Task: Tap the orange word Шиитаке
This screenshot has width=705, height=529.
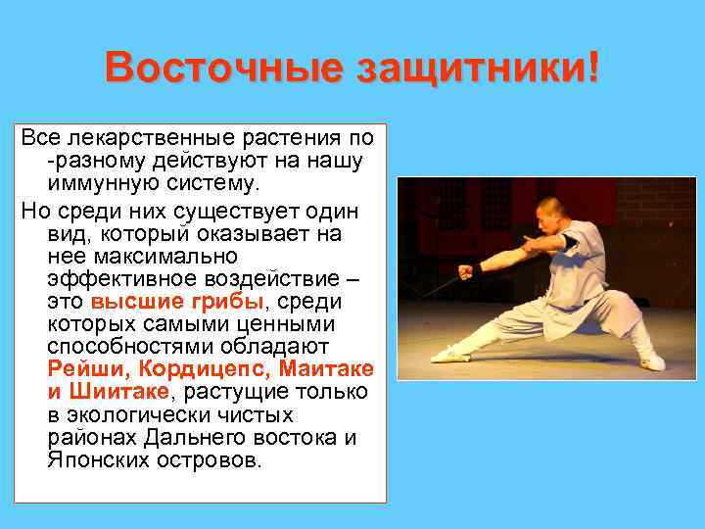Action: pyautogui.click(x=116, y=392)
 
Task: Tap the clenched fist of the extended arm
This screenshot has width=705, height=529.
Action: pyautogui.click(x=464, y=272)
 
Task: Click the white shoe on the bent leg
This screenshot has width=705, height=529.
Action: pyautogui.click(x=652, y=361)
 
